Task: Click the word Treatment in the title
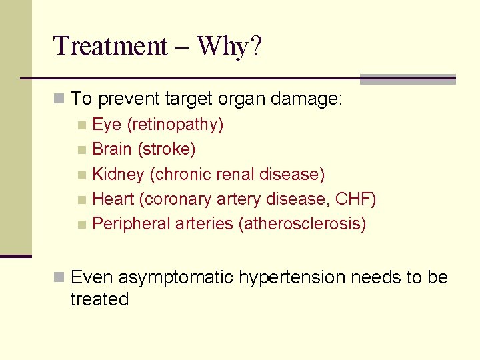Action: click(x=110, y=46)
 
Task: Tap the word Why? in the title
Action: click(x=230, y=46)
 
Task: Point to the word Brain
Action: click(x=112, y=149)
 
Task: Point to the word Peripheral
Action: click(x=131, y=223)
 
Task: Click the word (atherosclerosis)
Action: click(x=302, y=223)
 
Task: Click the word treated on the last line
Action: click(x=99, y=299)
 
